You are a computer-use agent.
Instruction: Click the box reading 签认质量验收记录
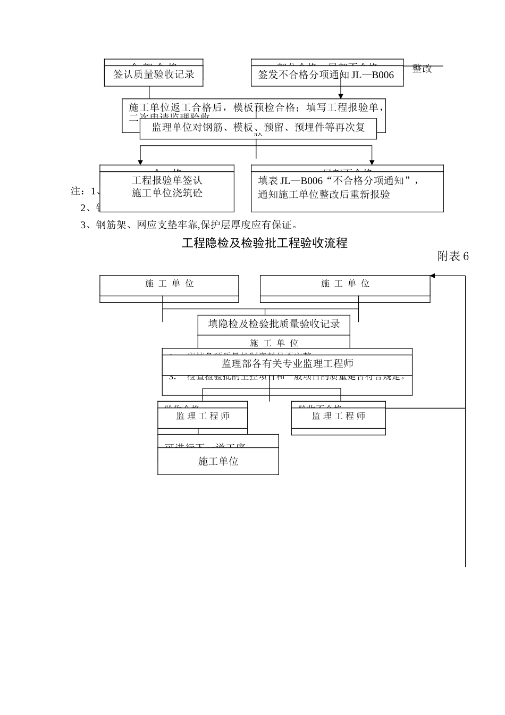[x=154, y=75]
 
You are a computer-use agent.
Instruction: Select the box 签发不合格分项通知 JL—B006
[x=326, y=75]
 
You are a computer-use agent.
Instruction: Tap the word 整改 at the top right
[x=422, y=69]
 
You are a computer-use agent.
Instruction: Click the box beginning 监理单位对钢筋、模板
[x=258, y=128]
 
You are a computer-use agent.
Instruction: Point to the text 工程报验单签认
[x=167, y=181]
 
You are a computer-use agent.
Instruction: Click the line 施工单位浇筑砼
[x=167, y=193]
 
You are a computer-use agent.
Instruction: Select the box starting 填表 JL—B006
[x=347, y=188]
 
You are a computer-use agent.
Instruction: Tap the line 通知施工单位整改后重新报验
[x=324, y=195]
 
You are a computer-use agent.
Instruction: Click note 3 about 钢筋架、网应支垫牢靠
[x=189, y=225]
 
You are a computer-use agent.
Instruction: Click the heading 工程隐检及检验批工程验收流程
[x=265, y=243]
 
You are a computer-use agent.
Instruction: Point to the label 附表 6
[x=453, y=256]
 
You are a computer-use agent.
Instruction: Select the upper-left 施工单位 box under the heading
[x=169, y=284]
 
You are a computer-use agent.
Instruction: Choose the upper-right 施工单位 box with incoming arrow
[x=344, y=284]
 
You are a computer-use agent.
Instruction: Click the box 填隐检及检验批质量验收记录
[x=274, y=324]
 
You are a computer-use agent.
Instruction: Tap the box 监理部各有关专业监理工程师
[x=287, y=364]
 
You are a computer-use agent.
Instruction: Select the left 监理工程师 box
[x=203, y=416]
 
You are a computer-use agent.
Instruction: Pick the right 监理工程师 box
[x=338, y=416]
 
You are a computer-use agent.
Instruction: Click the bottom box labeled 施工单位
[x=218, y=461]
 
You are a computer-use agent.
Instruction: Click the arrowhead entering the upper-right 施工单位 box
[x=433, y=276]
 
